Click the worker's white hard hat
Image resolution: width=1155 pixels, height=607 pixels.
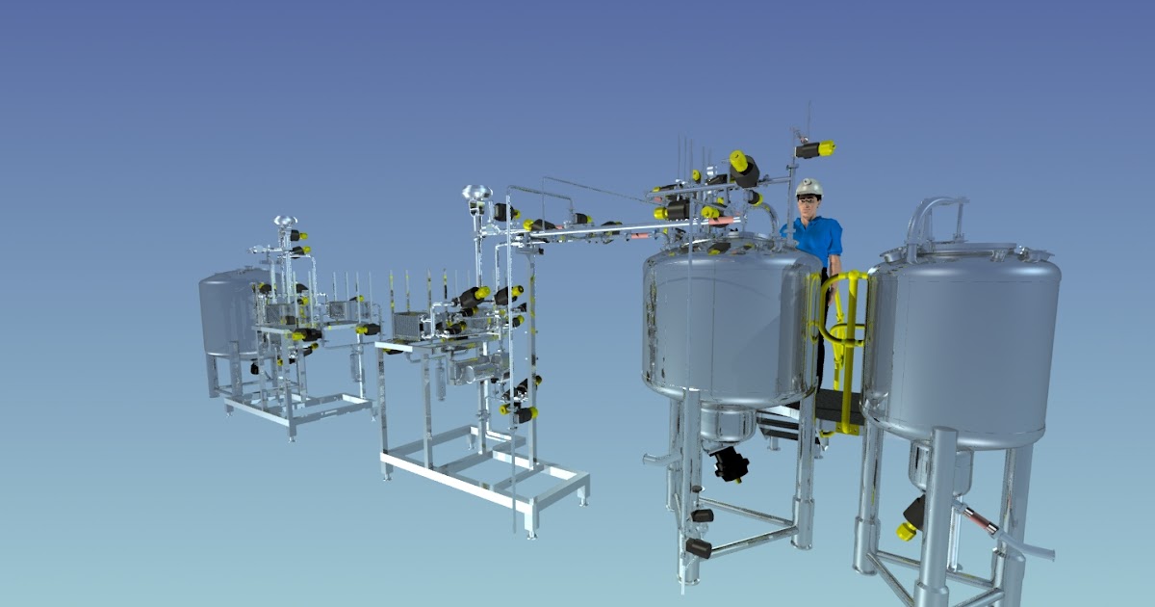click(x=809, y=186)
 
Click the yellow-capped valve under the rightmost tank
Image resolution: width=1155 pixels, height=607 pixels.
click(x=908, y=529)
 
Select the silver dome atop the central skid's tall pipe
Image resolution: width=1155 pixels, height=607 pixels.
click(x=475, y=193)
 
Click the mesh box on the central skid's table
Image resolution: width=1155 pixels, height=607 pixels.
click(x=410, y=327)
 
